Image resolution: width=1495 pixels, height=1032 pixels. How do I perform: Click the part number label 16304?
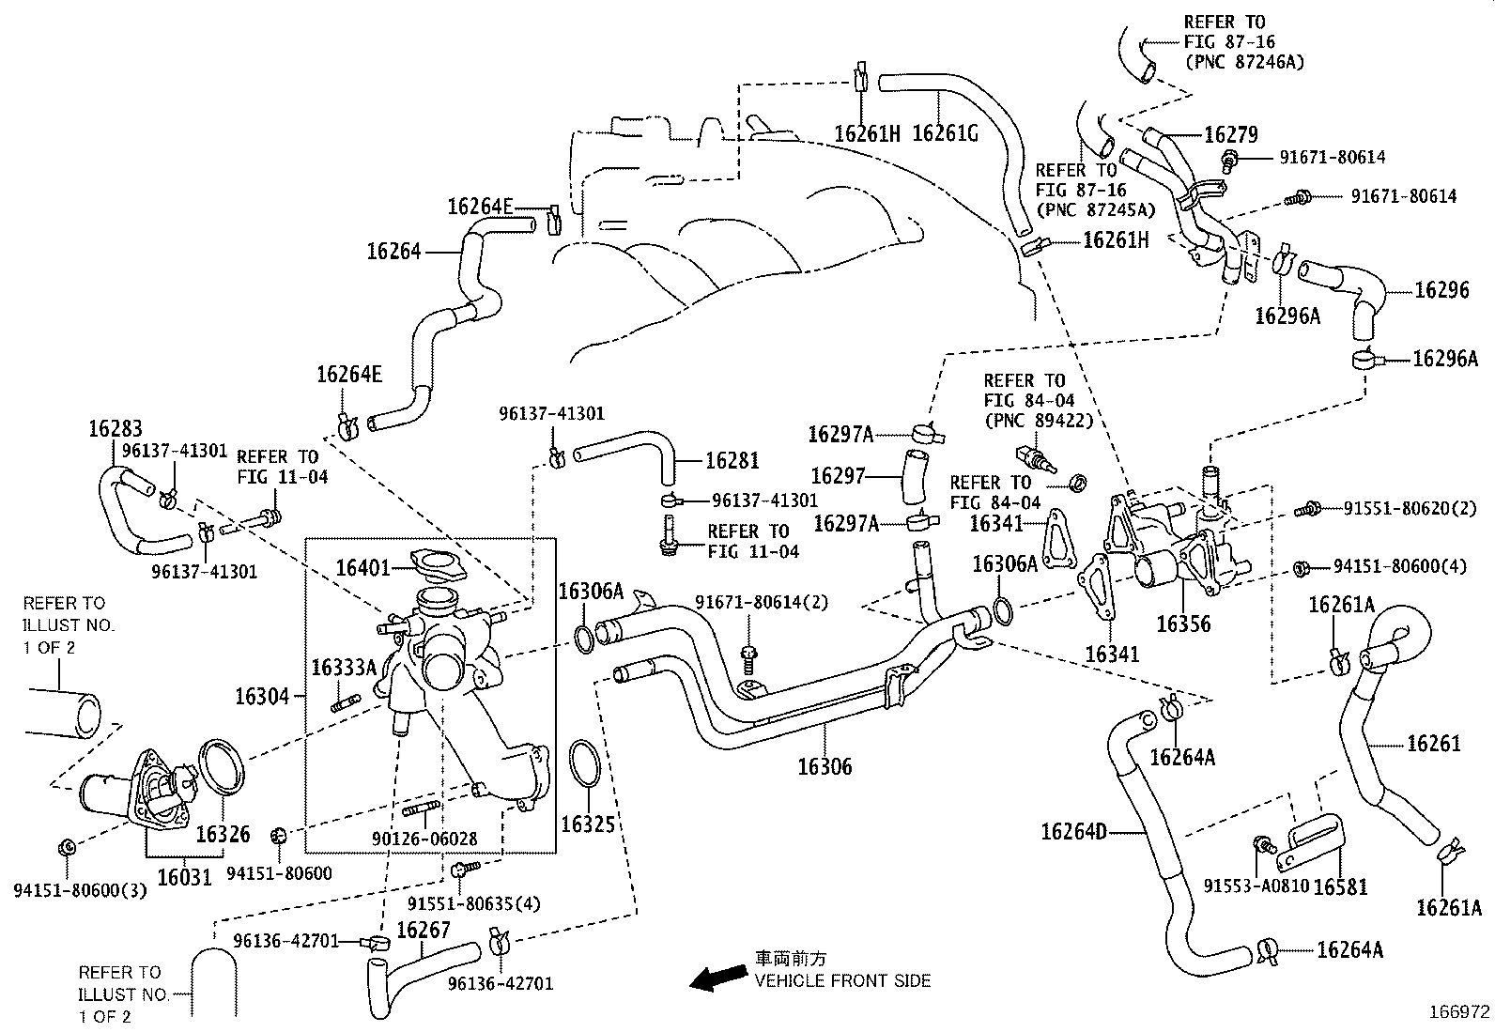tap(263, 696)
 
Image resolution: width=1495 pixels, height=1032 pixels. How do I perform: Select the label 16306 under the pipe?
tap(825, 766)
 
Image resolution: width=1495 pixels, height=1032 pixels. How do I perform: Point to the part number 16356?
tap(1183, 624)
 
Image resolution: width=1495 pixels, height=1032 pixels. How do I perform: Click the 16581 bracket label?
tap(1339, 886)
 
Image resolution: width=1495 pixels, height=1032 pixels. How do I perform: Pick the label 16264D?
tap(1073, 831)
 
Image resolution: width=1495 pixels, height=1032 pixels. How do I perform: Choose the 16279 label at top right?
tap(1230, 135)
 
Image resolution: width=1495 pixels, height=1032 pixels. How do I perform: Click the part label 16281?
tap(732, 461)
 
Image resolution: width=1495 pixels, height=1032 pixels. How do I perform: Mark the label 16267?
tap(424, 930)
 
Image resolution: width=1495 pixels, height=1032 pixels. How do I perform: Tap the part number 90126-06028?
tap(439, 839)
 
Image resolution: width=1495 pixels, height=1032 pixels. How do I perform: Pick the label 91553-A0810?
tap(1256, 886)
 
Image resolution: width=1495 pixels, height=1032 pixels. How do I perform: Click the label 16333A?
tap(344, 667)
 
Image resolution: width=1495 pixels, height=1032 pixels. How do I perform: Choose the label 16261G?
tap(945, 133)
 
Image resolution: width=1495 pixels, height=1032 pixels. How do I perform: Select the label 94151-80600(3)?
tap(80, 890)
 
